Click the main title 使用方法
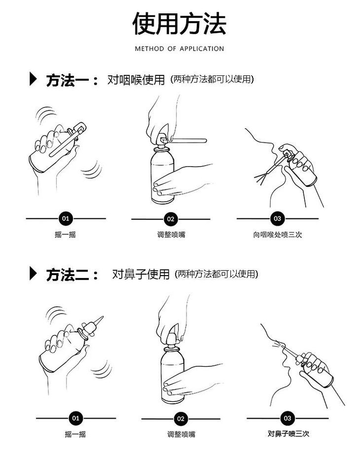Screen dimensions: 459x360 [x=180, y=24]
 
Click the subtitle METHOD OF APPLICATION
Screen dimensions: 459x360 [x=180, y=49]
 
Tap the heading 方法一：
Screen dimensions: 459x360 [x=72, y=80]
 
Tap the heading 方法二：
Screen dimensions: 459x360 [x=72, y=275]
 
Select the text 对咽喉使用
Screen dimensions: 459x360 [x=136, y=80]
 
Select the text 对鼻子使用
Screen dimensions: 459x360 [x=141, y=274]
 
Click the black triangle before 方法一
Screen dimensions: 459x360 [x=33, y=79]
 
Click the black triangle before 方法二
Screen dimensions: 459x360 [x=33, y=274]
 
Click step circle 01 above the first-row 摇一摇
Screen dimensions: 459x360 [x=66, y=218]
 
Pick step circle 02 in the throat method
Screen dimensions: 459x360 [x=171, y=219]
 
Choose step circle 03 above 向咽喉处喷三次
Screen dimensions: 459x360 [x=277, y=218]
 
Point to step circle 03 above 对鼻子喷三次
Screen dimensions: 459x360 [x=288, y=419]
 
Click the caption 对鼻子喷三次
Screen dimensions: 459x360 [x=288, y=434]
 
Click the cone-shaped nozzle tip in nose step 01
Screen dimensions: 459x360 [x=97, y=322]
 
